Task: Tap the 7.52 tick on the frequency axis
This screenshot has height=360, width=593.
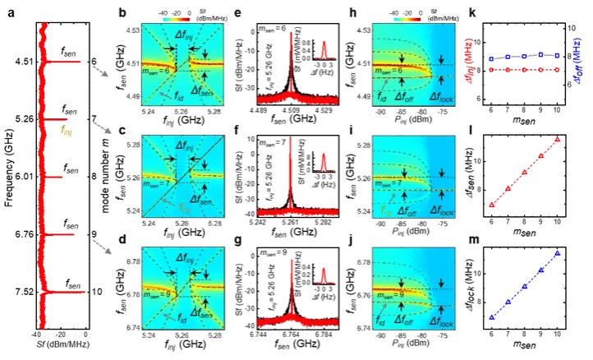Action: [16, 291]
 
